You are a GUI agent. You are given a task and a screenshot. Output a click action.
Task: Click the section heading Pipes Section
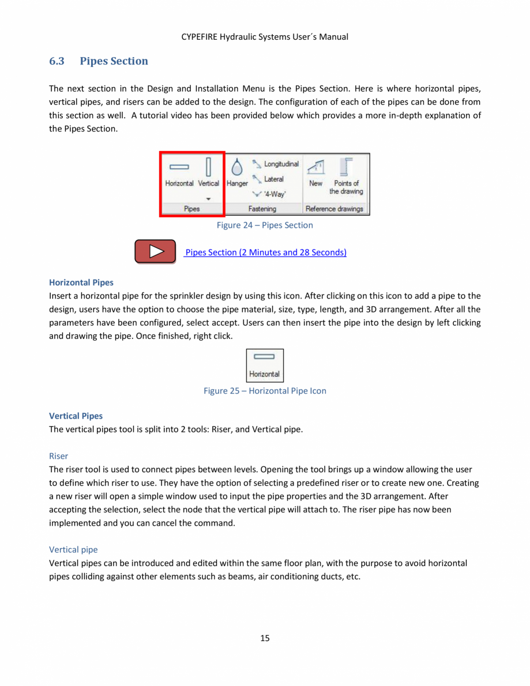[114, 61]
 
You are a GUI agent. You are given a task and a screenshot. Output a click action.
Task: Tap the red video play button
[155, 251]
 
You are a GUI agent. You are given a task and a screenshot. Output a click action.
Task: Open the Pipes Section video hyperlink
[266, 252]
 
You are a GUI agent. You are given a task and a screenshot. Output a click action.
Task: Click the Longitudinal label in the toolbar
[281, 164]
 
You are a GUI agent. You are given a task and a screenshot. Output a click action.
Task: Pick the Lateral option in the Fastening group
[273, 179]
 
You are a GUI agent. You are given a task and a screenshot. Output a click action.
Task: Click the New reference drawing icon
[315, 173]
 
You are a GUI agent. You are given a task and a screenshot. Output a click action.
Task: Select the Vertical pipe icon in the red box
[209, 173]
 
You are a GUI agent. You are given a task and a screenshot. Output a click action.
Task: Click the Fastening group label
[262, 209]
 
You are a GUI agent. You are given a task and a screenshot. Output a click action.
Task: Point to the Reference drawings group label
[334, 209]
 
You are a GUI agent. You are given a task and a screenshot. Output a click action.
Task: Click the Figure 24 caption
[265, 225]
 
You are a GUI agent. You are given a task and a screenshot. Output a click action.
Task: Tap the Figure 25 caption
[265, 391]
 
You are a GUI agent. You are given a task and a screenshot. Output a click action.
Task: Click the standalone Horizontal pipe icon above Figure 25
[265, 365]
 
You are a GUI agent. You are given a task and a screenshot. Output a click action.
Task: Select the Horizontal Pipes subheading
[81, 282]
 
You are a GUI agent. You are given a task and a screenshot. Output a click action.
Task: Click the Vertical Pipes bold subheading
[76, 416]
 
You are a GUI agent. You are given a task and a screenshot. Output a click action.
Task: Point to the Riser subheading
[59, 456]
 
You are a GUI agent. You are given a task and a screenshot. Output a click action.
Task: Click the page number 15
[265, 638]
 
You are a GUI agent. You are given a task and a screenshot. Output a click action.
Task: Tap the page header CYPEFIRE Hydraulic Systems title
[265, 37]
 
